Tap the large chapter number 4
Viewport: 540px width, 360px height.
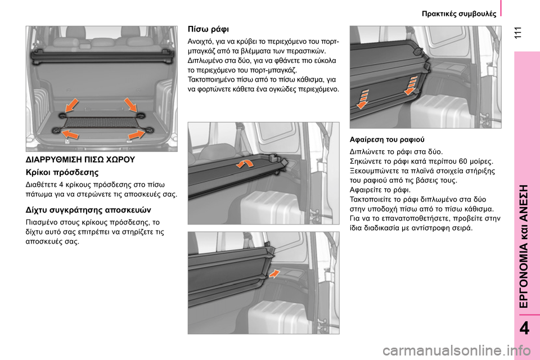(x=524, y=328)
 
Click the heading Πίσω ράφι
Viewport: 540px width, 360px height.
(x=208, y=29)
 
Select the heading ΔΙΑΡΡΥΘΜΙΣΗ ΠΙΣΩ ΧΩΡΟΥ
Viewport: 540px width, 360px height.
(x=80, y=160)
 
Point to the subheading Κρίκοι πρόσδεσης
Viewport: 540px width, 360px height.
(x=62, y=172)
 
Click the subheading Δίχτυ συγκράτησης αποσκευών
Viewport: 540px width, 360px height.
(x=88, y=210)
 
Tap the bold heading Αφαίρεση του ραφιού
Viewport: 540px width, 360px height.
(x=387, y=139)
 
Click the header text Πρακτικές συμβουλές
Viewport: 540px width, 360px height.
(x=459, y=13)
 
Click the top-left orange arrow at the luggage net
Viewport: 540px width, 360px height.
(x=71, y=105)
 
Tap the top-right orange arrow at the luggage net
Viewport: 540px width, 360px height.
(x=130, y=105)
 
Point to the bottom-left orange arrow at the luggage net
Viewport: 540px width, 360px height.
(x=71, y=134)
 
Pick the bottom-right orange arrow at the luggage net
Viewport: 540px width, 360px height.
(x=136, y=134)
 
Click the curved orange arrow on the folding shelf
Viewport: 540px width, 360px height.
(x=245, y=163)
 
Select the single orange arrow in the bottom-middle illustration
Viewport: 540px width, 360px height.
(x=274, y=273)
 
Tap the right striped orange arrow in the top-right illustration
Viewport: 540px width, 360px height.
(x=411, y=85)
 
